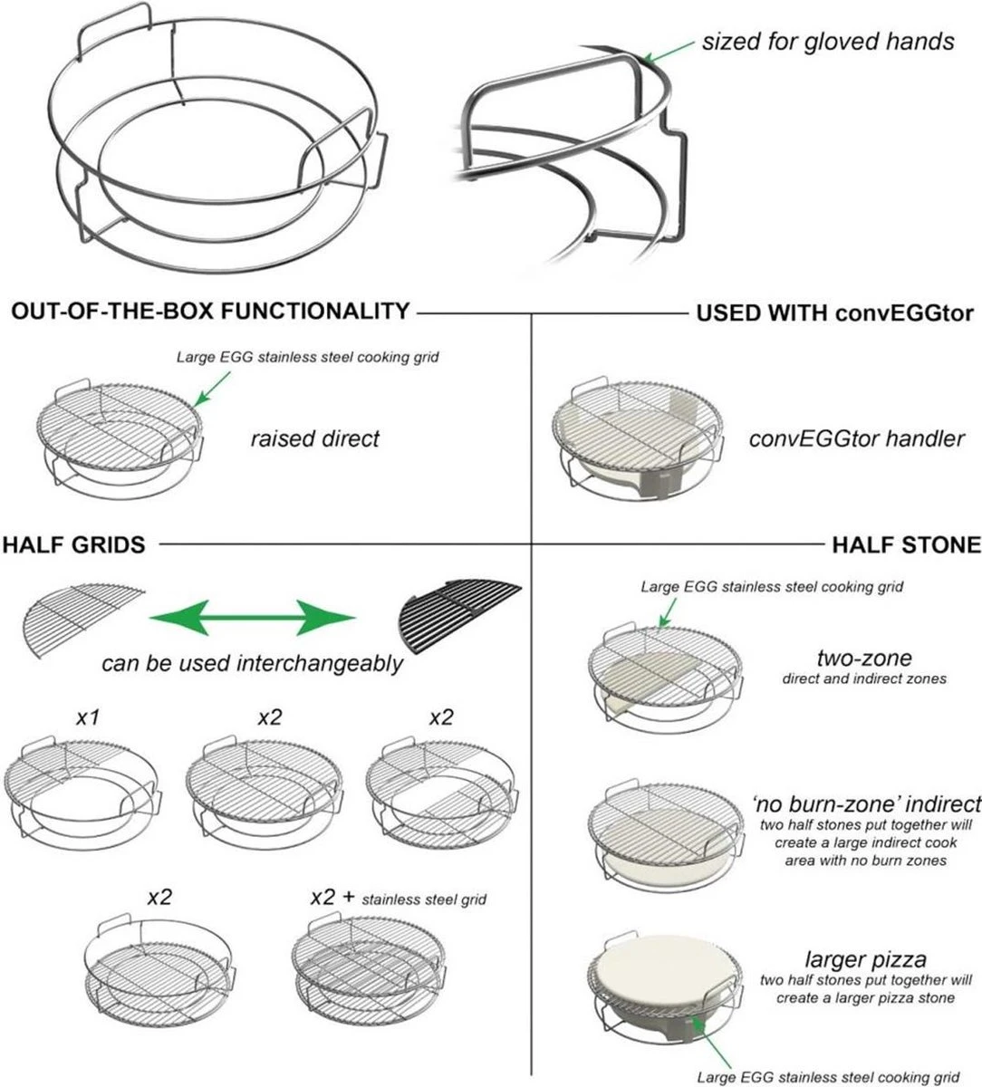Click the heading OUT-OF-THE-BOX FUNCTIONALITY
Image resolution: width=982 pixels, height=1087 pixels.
pyautogui.click(x=210, y=312)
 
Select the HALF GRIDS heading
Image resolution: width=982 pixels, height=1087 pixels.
pyautogui.click(x=73, y=544)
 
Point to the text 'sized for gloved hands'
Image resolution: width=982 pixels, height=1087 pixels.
pyautogui.click(x=828, y=42)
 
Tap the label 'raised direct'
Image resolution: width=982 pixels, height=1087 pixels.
pyautogui.click(x=314, y=439)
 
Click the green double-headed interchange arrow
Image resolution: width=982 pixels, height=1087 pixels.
pyautogui.click(x=253, y=619)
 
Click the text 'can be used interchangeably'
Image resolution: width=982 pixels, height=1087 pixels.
pyautogui.click(x=252, y=663)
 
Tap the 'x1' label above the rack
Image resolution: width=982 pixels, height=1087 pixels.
pyautogui.click(x=87, y=717)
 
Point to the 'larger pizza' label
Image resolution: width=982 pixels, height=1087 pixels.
pyautogui.click(x=865, y=958)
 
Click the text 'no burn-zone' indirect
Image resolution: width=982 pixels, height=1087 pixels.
pyautogui.click(x=866, y=803)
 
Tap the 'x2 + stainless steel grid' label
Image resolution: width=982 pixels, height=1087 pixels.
pyautogui.click(x=398, y=898)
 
